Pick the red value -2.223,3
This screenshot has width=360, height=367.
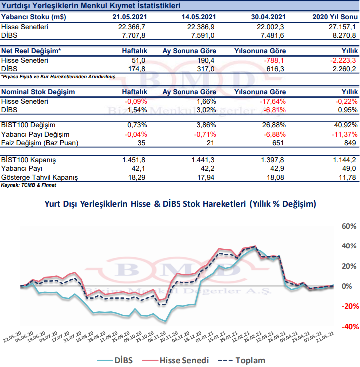click(x=341, y=60)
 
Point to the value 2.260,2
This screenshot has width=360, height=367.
click(x=343, y=69)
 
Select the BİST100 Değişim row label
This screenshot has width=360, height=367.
click(x=28, y=125)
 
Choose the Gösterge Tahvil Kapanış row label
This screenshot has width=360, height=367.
click(x=40, y=177)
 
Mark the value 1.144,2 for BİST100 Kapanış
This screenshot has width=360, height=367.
click(x=343, y=160)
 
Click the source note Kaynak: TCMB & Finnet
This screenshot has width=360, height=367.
click(x=28, y=185)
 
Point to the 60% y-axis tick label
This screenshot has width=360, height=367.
click(x=347, y=226)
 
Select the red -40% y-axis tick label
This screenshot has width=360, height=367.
click(x=347, y=326)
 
